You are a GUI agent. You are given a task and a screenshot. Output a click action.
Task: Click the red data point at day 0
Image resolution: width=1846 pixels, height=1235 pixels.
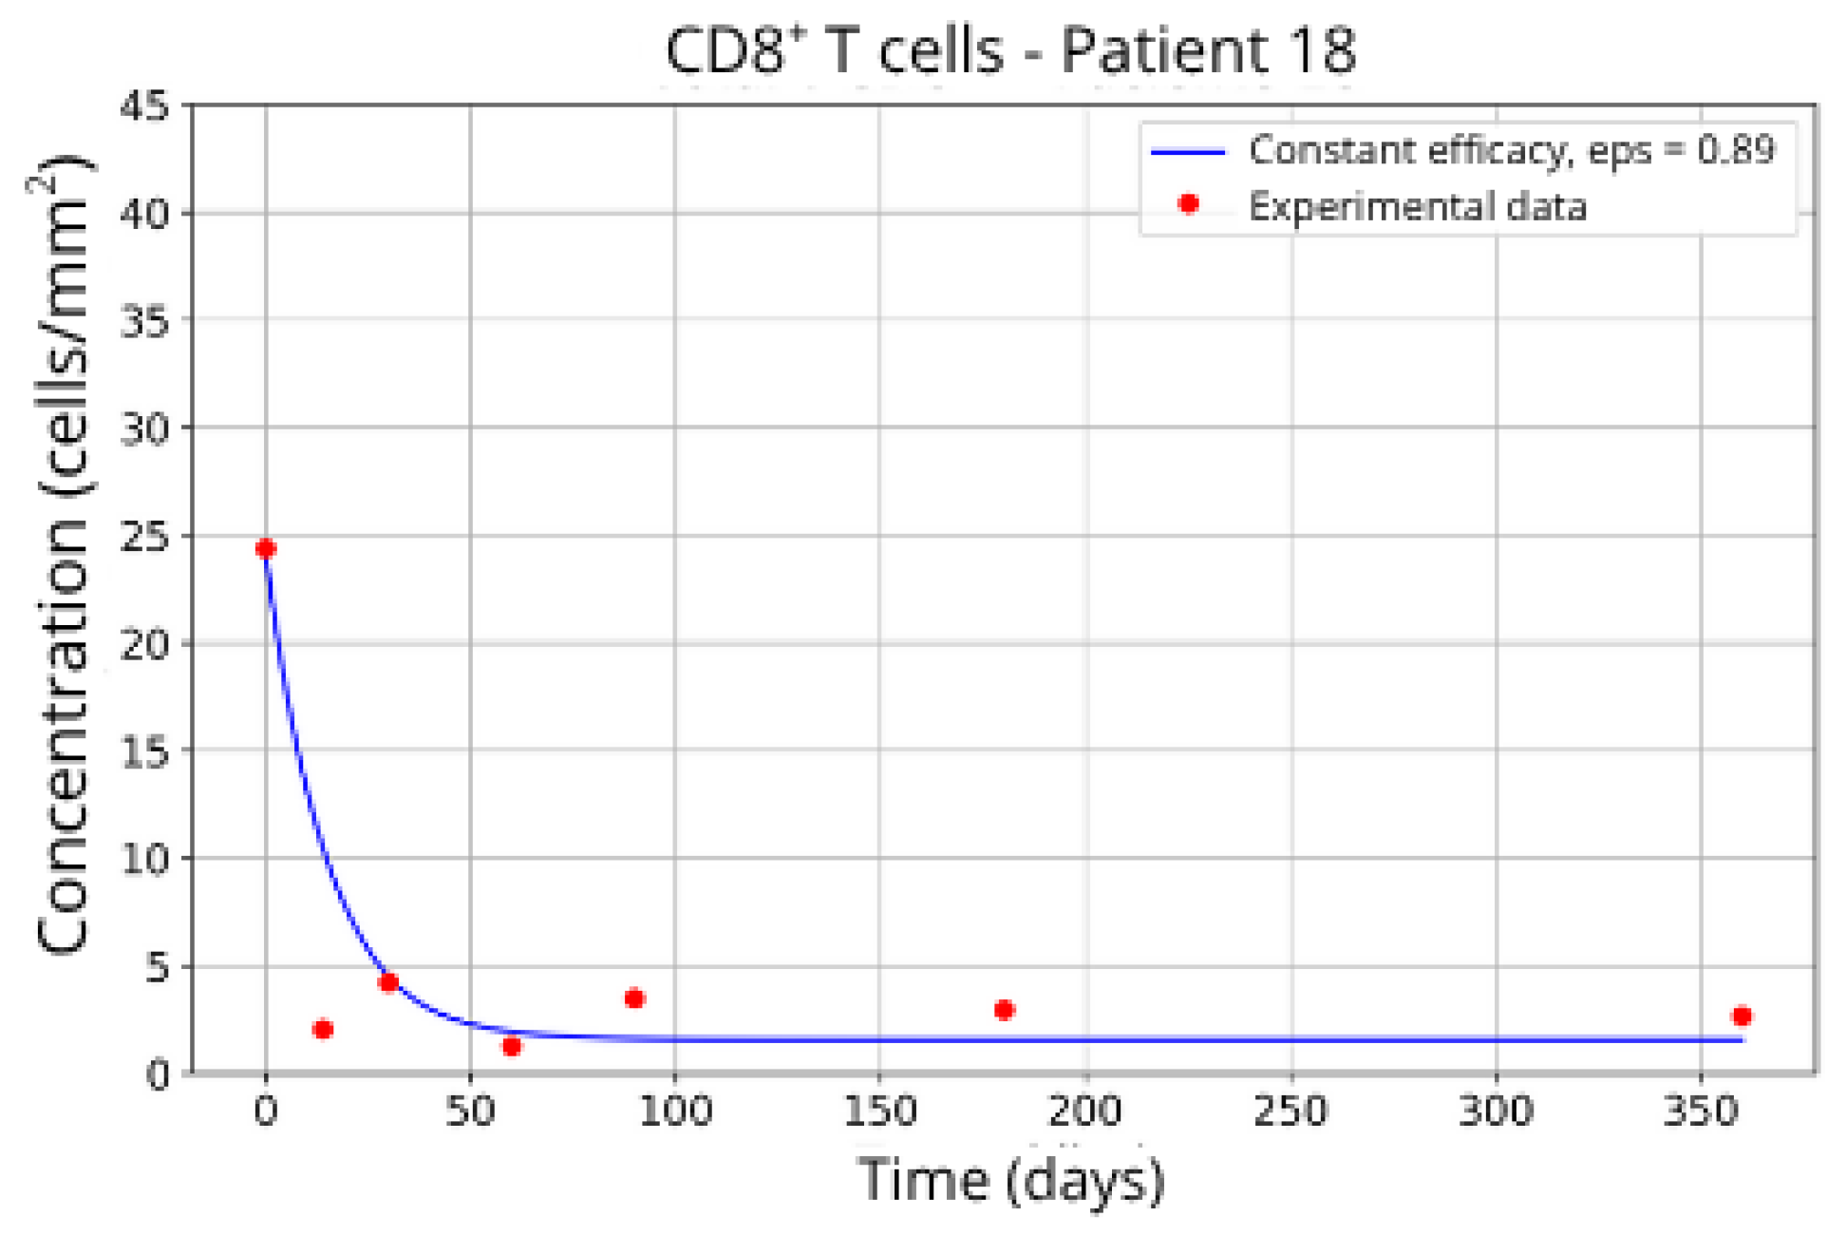click(x=266, y=548)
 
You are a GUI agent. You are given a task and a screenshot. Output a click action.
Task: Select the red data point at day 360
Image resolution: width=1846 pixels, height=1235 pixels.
click(x=1741, y=1016)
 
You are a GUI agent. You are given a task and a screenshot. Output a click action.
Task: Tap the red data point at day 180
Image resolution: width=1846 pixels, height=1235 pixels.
click(x=1004, y=1009)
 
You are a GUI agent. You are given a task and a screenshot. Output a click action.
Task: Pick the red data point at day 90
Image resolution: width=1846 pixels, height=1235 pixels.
click(x=634, y=997)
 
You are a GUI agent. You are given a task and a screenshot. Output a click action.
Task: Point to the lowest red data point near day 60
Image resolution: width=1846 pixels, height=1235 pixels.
click(x=511, y=1046)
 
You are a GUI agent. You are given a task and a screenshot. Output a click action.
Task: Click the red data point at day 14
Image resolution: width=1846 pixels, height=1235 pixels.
click(x=323, y=1029)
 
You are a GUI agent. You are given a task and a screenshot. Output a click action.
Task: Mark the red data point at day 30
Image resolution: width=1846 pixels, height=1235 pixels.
click(x=387, y=981)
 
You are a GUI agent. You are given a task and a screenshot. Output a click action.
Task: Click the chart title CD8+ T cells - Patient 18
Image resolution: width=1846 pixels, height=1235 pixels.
click(x=1009, y=49)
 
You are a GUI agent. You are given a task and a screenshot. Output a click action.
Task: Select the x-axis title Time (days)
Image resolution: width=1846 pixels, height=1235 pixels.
click(x=1009, y=1179)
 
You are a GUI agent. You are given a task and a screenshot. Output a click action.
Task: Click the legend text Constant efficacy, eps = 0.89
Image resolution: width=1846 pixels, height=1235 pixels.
click(x=1510, y=150)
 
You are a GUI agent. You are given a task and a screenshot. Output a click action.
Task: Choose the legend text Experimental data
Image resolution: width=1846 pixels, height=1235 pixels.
click(x=1416, y=206)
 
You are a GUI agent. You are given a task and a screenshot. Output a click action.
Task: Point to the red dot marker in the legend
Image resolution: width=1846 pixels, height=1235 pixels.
click(x=1188, y=203)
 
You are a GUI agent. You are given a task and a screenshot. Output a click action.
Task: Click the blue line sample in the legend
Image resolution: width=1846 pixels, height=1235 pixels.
click(x=1188, y=151)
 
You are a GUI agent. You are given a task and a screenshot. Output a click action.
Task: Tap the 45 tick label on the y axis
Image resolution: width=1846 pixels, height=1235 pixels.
click(x=144, y=106)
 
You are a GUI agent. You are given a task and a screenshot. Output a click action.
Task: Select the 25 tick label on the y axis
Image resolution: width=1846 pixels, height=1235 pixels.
click(x=144, y=536)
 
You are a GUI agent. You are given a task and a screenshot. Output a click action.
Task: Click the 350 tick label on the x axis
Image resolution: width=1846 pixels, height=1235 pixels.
click(x=1701, y=1110)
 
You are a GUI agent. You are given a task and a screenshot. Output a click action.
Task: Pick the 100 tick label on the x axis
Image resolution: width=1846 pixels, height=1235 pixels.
click(x=674, y=1110)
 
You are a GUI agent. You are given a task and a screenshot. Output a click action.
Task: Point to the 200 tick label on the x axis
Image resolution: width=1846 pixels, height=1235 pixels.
click(x=1085, y=1110)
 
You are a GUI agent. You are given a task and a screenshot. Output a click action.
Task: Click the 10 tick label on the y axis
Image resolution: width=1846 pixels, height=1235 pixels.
click(x=144, y=858)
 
